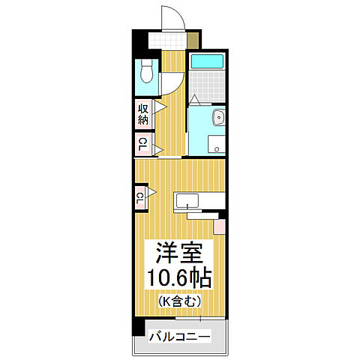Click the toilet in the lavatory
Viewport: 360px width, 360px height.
[147, 75]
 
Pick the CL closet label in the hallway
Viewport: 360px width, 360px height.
[142, 143]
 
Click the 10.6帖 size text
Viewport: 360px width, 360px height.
[179, 277]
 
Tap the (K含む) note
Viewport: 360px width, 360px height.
[178, 302]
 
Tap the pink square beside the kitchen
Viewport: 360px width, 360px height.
[220, 226]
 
